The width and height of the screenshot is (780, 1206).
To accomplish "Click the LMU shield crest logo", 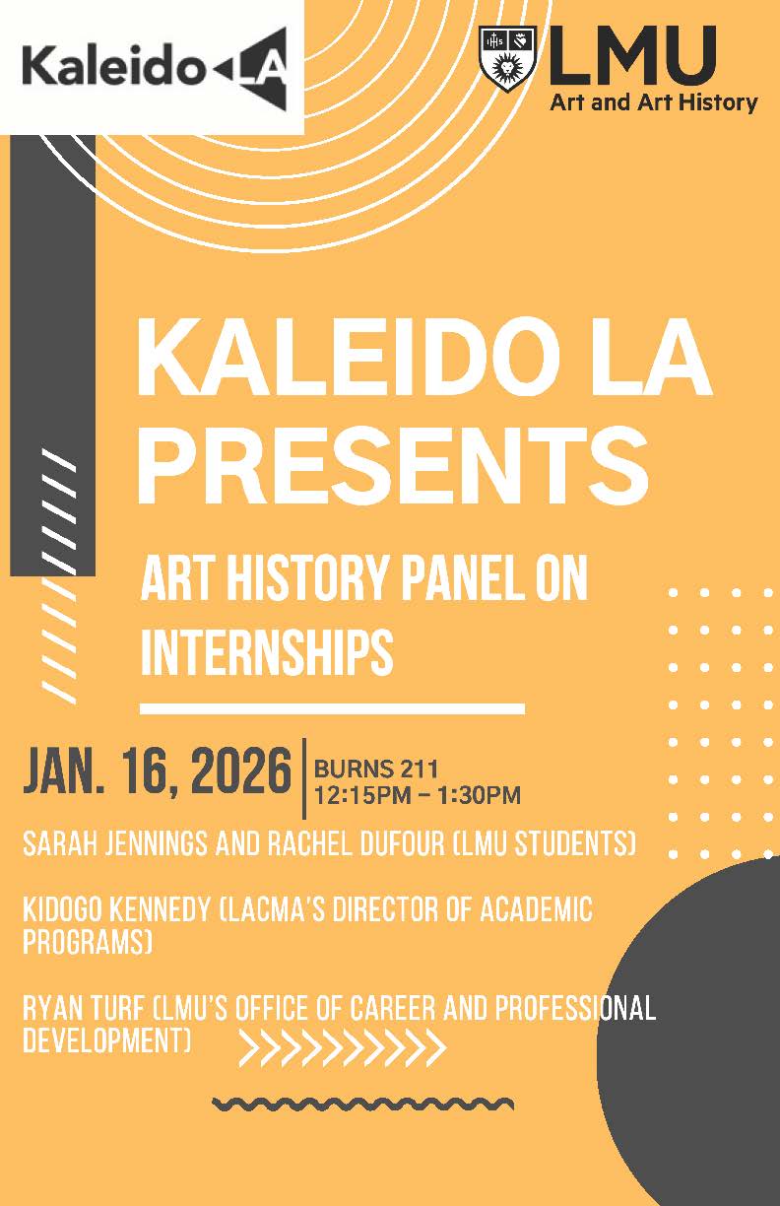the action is (507, 59).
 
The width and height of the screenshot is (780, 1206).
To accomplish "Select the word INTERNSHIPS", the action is (267, 652).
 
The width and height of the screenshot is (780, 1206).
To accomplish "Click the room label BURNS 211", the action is (376, 769).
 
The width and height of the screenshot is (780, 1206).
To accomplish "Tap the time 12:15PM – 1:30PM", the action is (418, 795).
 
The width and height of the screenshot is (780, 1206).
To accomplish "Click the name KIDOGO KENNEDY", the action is (116, 909).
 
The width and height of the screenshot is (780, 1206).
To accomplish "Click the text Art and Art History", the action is (654, 102).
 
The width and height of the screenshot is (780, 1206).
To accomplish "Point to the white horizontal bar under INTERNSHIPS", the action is (332, 708).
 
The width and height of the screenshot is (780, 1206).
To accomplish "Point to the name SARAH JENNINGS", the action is (115, 843).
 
